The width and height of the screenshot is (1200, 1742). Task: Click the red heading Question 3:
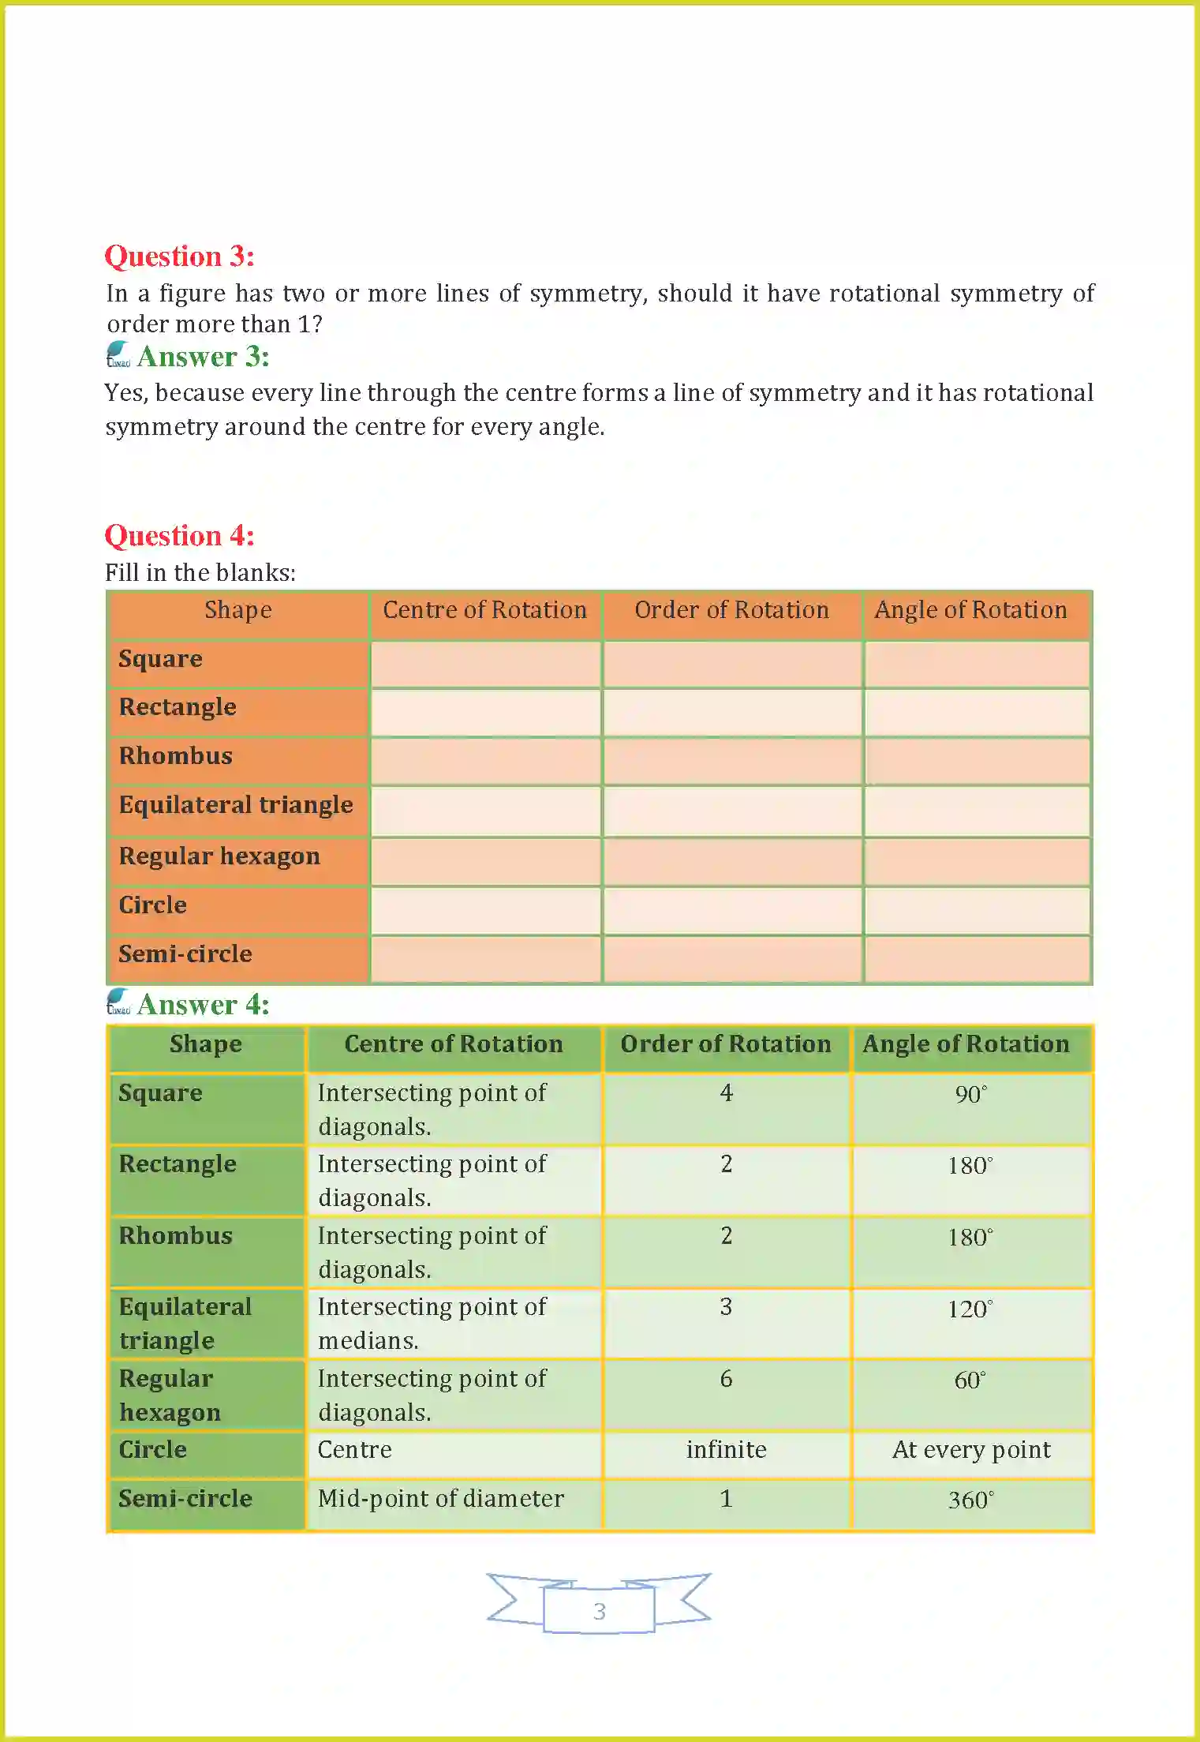point(179,257)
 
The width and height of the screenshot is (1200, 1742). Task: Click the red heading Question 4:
point(179,536)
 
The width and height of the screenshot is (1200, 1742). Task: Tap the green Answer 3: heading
point(203,357)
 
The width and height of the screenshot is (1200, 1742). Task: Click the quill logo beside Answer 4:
point(118,1002)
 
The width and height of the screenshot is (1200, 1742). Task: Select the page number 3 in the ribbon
point(599,1611)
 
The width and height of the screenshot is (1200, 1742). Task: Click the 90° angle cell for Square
point(970,1095)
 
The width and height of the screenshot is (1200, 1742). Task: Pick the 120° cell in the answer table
point(970,1309)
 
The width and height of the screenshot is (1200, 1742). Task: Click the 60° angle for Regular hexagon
point(970,1380)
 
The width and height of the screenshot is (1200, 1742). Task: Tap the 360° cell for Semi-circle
point(970,1500)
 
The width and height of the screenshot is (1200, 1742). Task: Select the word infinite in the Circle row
point(726,1450)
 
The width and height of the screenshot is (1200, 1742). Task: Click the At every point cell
point(971,1450)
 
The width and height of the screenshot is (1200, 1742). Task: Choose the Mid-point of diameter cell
point(440,1499)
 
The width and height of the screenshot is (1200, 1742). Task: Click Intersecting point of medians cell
point(432,1324)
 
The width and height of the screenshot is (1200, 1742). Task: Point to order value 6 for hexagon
point(726,1379)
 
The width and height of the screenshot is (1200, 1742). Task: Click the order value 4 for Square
point(726,1093)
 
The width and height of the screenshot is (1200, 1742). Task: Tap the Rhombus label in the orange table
point(175,756)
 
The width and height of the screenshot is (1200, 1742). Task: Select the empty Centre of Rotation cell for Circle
point(485,910)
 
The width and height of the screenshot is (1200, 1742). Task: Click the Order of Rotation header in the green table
point(725,1044)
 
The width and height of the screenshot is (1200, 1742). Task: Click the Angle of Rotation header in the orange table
point(970,610)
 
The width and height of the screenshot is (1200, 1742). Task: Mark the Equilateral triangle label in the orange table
point(235,805)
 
